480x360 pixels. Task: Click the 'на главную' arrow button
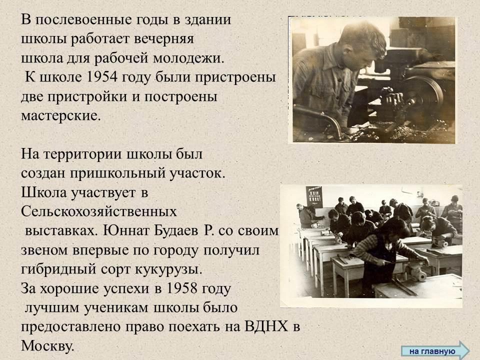point(435,351)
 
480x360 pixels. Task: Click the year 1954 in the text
point(102,77)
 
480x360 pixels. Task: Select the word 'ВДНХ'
point(266,326)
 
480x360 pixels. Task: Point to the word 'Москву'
point(47,346)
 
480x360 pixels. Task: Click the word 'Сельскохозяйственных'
point(99,211)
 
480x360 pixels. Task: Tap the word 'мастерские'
point(60,115)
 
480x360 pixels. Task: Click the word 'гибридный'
point(58,270)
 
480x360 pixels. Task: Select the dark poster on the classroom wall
point(314,196)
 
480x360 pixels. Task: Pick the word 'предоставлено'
point(71,327)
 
